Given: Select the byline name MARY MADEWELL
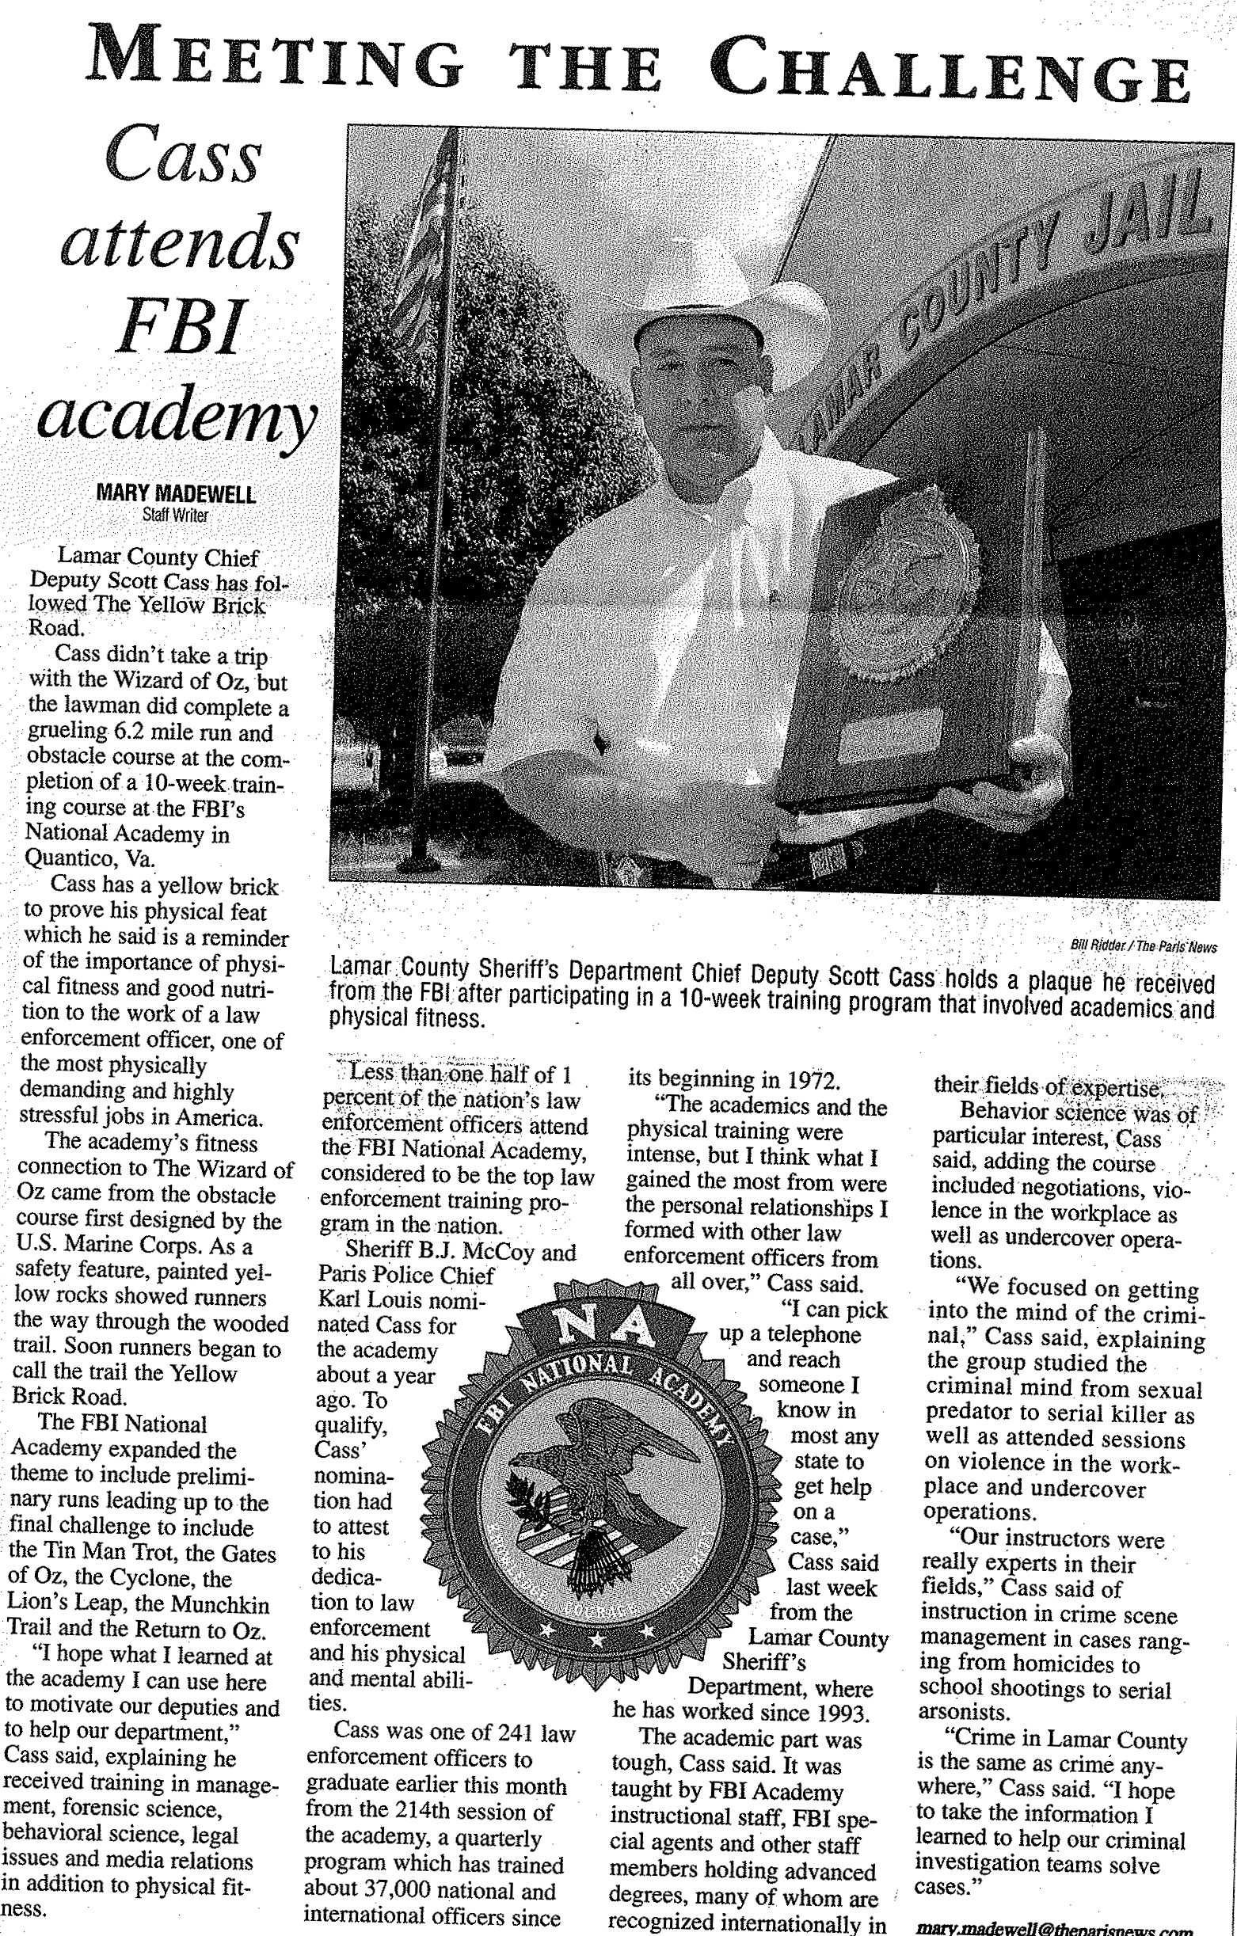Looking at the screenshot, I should [175, 493].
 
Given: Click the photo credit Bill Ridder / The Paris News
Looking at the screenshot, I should [1143, 947].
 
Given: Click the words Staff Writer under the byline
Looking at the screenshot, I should [174, 515].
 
